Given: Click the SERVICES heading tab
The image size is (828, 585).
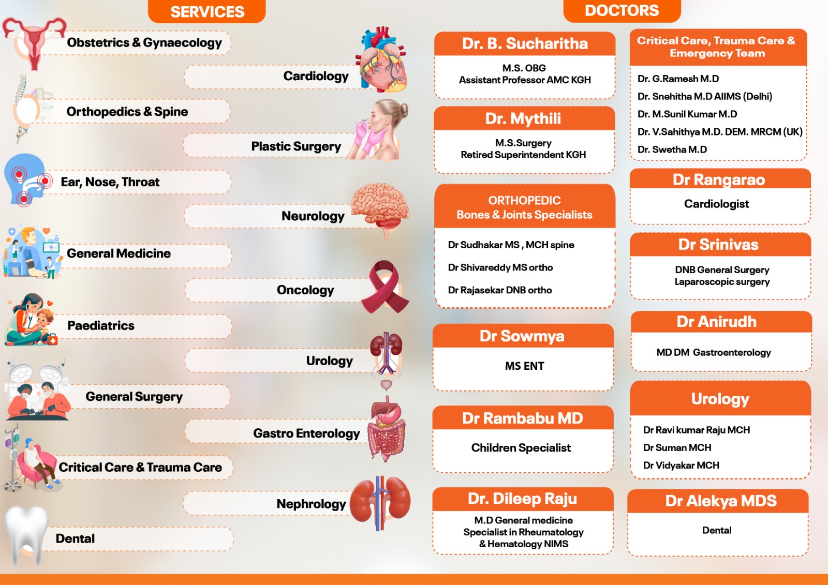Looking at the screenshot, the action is point(206,11).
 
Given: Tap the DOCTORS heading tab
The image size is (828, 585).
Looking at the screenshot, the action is point(622,11).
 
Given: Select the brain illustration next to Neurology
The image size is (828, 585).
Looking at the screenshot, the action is point(380,209).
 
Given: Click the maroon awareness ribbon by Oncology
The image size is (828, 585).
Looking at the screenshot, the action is point(385,287).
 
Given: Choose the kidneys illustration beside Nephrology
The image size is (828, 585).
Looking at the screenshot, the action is point(380,503).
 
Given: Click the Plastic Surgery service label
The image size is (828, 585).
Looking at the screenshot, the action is point(295,146).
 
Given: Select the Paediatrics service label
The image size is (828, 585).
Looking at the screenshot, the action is point(100,325).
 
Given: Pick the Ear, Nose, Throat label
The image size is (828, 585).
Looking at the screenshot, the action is point(110,182).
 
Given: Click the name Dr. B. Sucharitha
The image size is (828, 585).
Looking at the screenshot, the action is point(525,43).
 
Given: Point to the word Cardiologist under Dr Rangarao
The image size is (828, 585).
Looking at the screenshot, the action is point(716,204).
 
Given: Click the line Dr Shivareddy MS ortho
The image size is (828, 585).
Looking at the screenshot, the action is point(500,267).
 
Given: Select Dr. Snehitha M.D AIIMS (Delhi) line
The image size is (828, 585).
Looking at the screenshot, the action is point(704,96).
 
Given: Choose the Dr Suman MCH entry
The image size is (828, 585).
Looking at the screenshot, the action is point(677,447).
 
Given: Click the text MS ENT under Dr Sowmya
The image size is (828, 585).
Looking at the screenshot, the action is point(524,366).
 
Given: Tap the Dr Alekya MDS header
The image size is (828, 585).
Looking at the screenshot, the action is point(720,501).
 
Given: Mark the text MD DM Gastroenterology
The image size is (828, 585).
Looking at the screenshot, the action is point(714,353).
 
